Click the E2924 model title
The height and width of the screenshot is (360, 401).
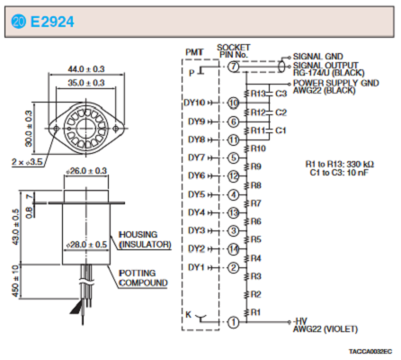click(52, 22)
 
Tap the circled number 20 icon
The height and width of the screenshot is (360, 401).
click(19, 22)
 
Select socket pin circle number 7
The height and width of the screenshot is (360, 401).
click(234, 67)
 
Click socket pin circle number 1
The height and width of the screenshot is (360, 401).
click(234, 322)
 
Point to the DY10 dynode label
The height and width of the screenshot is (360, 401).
click(194, 103)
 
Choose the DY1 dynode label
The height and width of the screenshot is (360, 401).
click(197, 267)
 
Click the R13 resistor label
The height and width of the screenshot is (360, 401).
click(258, 94)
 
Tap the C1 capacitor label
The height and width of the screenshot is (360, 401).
click(281, 130)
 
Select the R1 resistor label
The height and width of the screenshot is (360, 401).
click(255, 312)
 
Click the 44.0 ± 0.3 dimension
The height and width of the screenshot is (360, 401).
click(86, 69)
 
